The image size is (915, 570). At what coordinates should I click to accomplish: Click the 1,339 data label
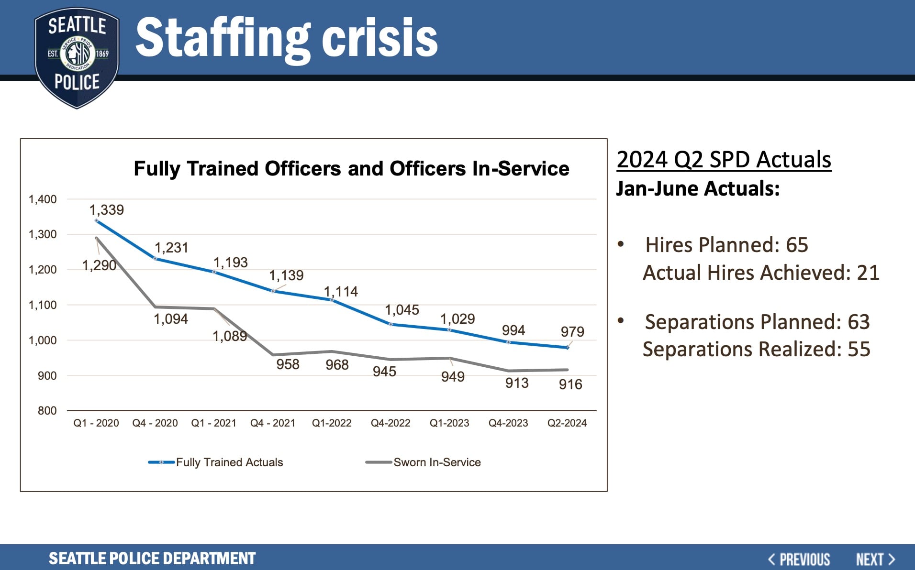106,210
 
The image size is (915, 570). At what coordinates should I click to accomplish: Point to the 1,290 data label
99,265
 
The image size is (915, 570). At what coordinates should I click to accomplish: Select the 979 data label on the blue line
572,331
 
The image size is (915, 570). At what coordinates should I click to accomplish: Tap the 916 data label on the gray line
570,384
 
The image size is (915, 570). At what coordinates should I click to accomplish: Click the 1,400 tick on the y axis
43,199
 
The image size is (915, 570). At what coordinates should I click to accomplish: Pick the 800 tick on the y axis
47,411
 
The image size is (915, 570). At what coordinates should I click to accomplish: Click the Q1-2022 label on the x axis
332,423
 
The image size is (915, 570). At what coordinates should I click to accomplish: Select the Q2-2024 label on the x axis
567,423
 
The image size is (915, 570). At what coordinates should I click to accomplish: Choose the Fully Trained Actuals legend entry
229,462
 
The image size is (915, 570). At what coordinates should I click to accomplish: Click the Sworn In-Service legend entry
436,462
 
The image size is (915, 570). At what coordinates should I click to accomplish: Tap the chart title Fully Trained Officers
351,169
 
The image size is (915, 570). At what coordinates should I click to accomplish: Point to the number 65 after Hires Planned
797,245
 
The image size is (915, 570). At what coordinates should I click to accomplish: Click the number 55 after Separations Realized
859,350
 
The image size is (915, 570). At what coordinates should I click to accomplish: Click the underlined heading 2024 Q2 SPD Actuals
724,160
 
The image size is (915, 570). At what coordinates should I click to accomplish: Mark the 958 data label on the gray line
288,364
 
